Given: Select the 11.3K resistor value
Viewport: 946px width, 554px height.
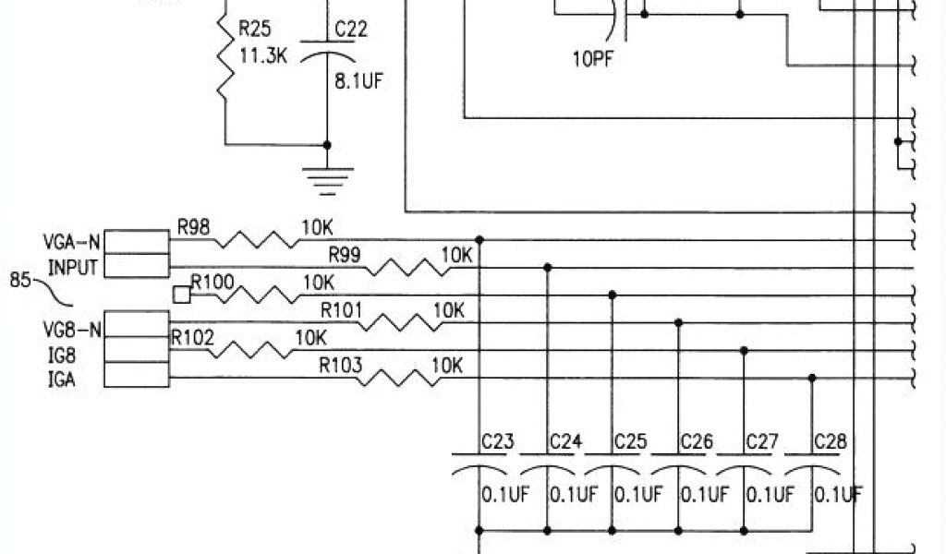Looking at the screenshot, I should click(264, 57).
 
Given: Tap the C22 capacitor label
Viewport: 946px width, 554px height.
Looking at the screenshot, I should click(351, 30).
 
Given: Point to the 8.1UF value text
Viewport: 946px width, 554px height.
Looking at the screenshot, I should click(358, 80).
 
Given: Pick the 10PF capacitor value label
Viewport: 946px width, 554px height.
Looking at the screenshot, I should click(593, 60).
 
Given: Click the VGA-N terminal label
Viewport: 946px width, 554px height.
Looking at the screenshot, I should click(72, 244).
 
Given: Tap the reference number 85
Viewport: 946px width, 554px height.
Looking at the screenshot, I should click(21, 278).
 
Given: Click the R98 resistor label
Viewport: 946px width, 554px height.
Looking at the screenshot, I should click(195, 226).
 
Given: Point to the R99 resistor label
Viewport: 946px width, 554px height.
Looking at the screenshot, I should click(346, 253).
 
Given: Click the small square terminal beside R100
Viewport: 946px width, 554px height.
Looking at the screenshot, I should click(181, 295).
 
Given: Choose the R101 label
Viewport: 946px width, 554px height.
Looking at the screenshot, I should click(341, 309).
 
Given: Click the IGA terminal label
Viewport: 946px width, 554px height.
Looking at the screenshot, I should click(61, 379).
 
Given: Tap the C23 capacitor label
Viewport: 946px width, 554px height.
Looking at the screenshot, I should click(497, 442).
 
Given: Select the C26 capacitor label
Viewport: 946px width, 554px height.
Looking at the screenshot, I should click(696, 442).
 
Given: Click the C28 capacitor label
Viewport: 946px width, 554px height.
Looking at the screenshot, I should click(829, 442).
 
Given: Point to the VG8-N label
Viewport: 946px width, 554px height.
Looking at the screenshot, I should click(71, 328).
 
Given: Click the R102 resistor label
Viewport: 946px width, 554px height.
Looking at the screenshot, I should click(192, 338).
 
